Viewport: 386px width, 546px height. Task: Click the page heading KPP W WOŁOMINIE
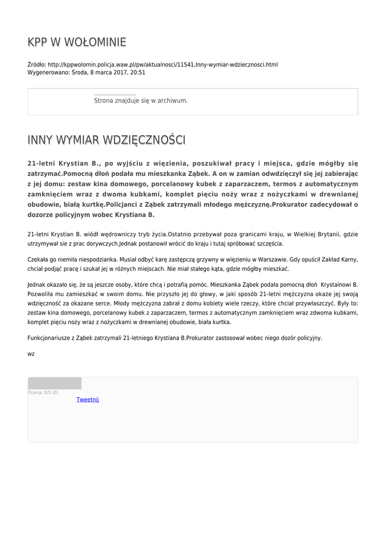(77, 42)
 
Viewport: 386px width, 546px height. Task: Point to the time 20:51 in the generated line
(138, 73)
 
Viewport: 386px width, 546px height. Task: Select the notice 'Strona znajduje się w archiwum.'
(141, 100)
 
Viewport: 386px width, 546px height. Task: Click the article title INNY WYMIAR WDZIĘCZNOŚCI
(106, 140)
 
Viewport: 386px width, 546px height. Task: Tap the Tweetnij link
(87, 400)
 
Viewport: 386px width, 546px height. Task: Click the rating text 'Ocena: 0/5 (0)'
(43, 392)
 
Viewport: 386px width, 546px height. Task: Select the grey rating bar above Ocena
(54, 383)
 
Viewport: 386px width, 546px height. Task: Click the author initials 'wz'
(31, 354)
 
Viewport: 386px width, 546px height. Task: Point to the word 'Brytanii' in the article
(327, 234)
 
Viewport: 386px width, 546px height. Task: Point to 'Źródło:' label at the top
(37, 65)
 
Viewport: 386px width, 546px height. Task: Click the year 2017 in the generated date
(120, 73)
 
